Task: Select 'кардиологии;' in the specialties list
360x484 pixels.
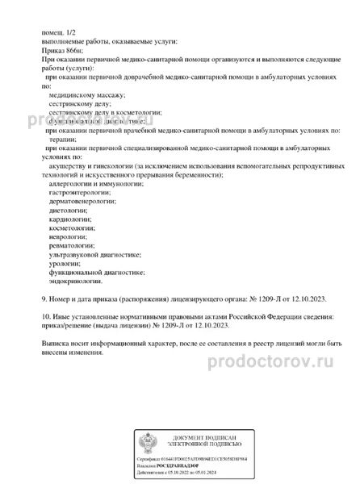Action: [68, 227]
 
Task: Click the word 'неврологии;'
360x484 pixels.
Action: [67, 248]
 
